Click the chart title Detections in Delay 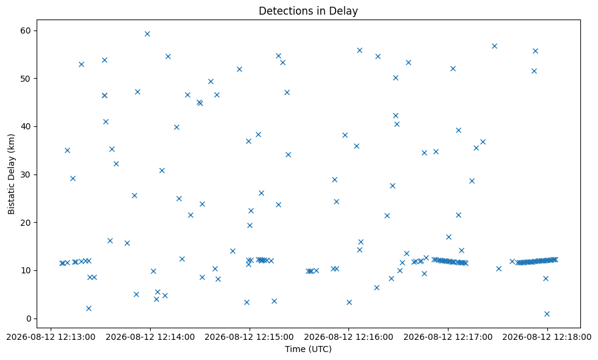[308, 11]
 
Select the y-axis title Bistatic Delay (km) [11, 174]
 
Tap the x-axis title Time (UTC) [308, 349]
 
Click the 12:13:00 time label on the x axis [51, 337]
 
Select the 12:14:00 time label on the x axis [150, 337]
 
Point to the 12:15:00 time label [250, 337]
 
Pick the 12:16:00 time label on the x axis [348, 337]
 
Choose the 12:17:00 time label [448, 337]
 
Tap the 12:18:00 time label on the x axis [547, 337]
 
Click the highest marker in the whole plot [147, 34]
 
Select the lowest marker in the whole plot [547, 314]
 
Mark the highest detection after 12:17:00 [494, 46]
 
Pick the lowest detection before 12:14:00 [88, 309]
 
